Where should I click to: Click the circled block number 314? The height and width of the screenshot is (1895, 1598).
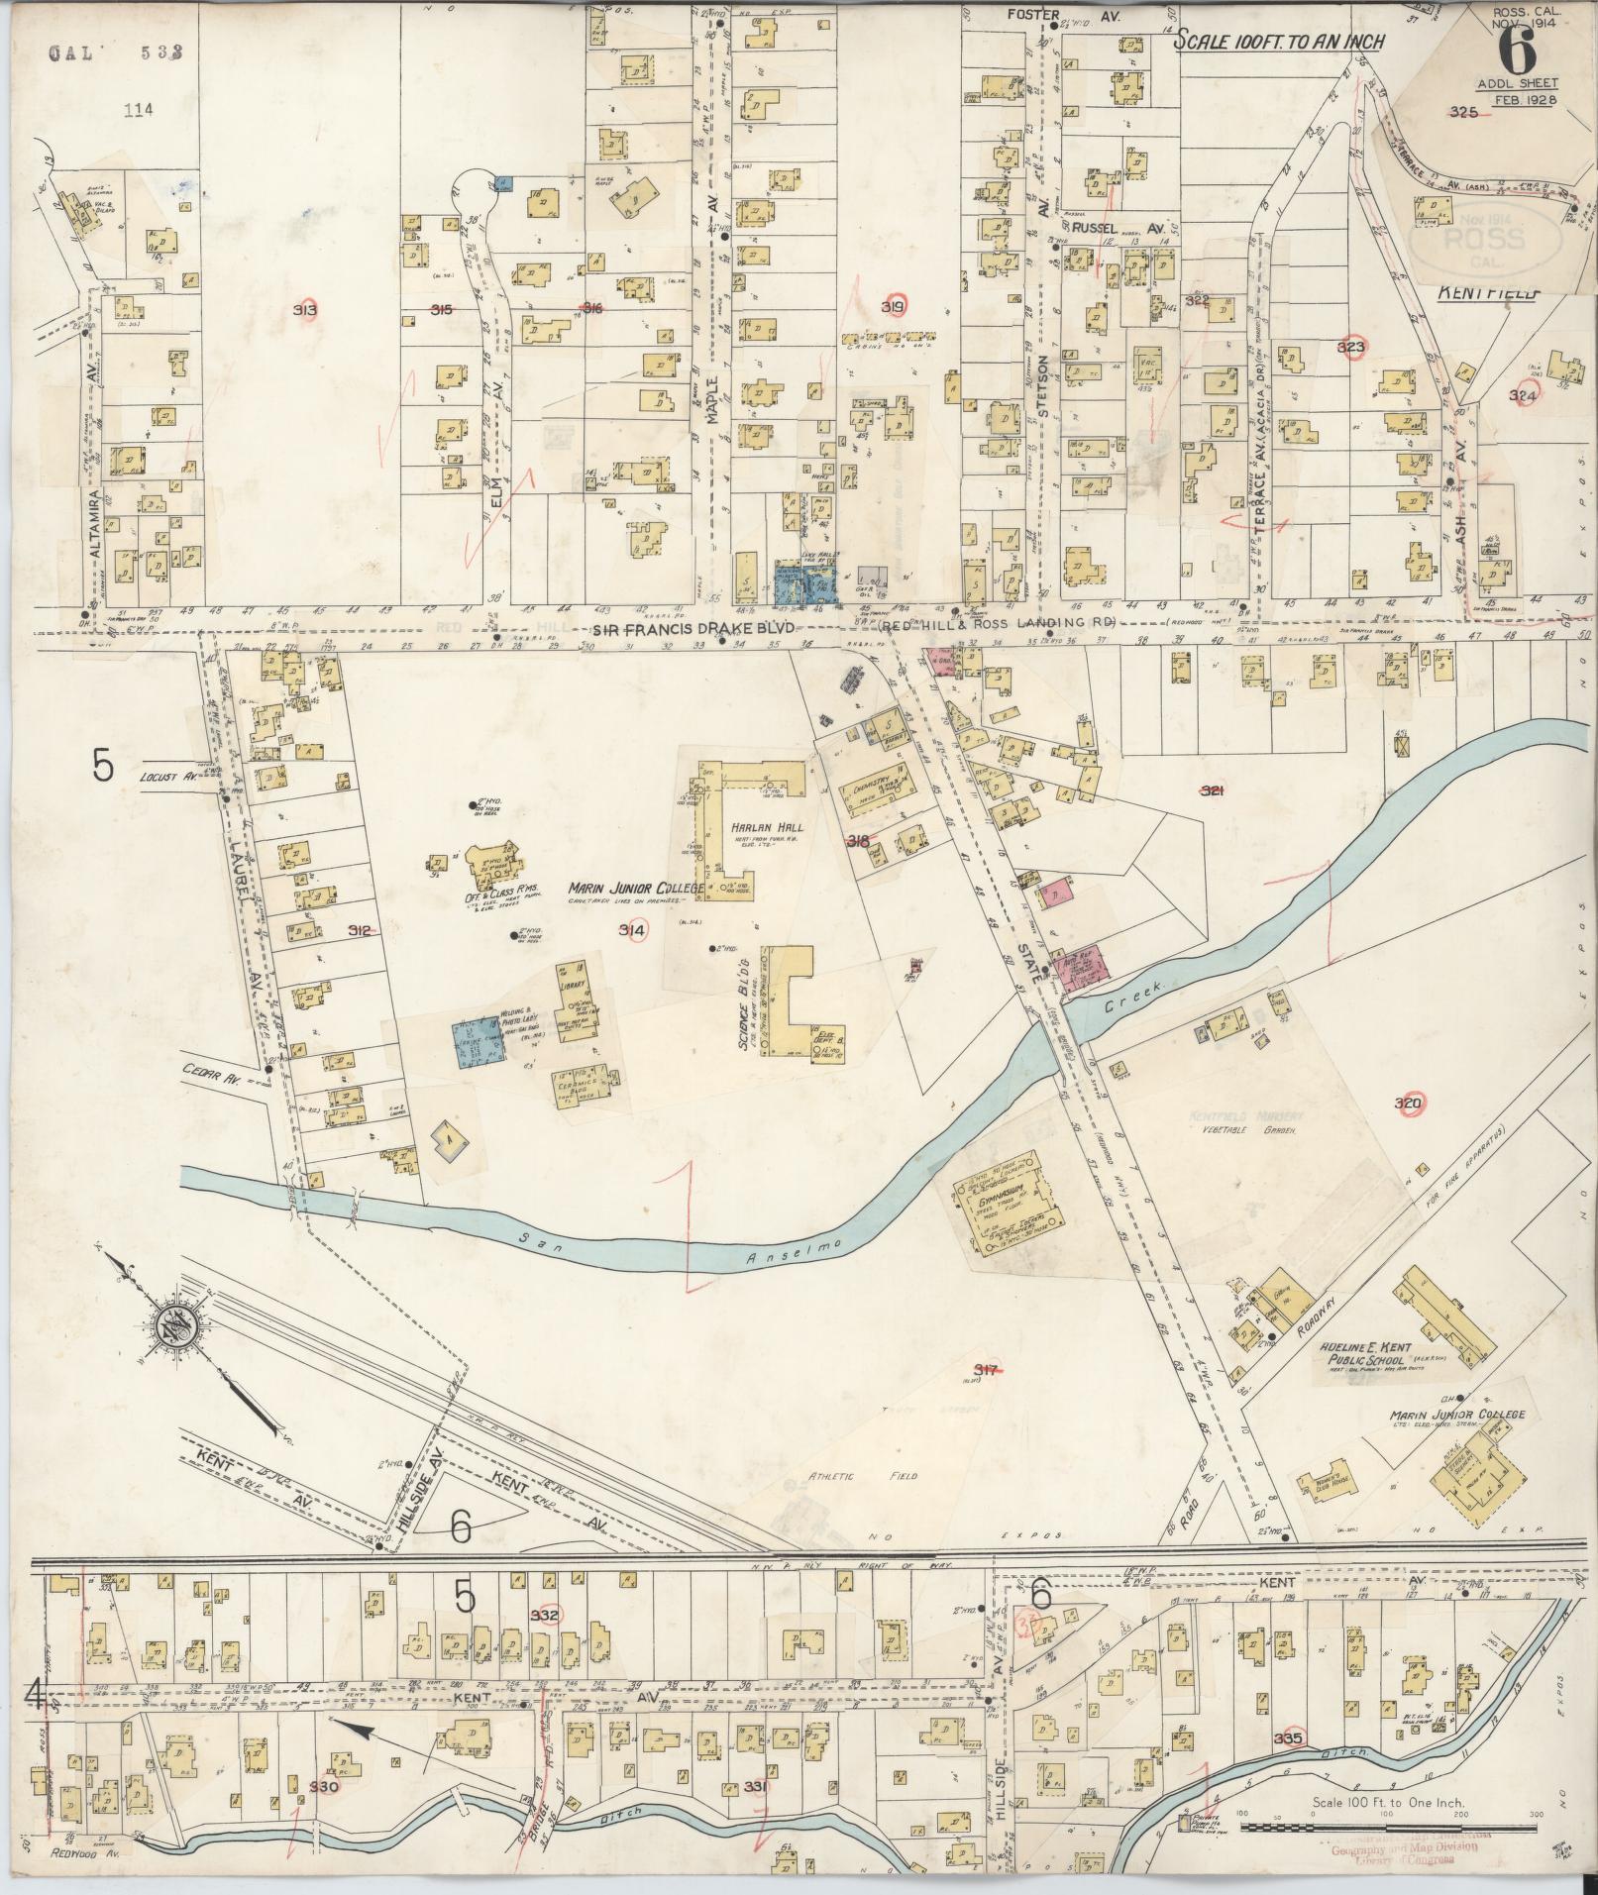[x=632, y=930]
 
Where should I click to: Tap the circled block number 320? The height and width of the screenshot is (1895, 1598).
[x=1408, y=1104]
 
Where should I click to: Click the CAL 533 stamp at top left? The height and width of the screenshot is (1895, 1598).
[x=116, y=53]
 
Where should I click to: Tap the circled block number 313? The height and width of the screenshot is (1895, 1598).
[x=306, y=310]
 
